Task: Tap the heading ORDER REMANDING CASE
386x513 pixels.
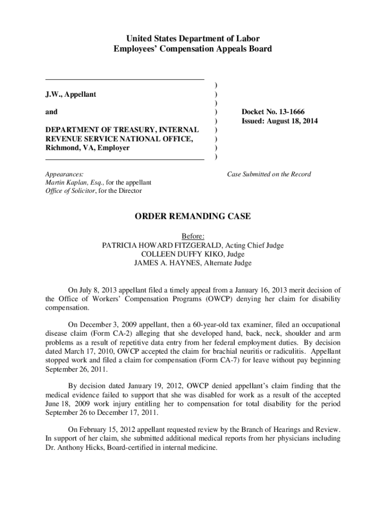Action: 193,216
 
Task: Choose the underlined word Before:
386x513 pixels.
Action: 193,236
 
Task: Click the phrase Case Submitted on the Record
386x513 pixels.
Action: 269,174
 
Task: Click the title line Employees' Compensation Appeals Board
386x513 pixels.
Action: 193,49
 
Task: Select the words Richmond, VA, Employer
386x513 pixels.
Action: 87,148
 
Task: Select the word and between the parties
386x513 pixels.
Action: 51,112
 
